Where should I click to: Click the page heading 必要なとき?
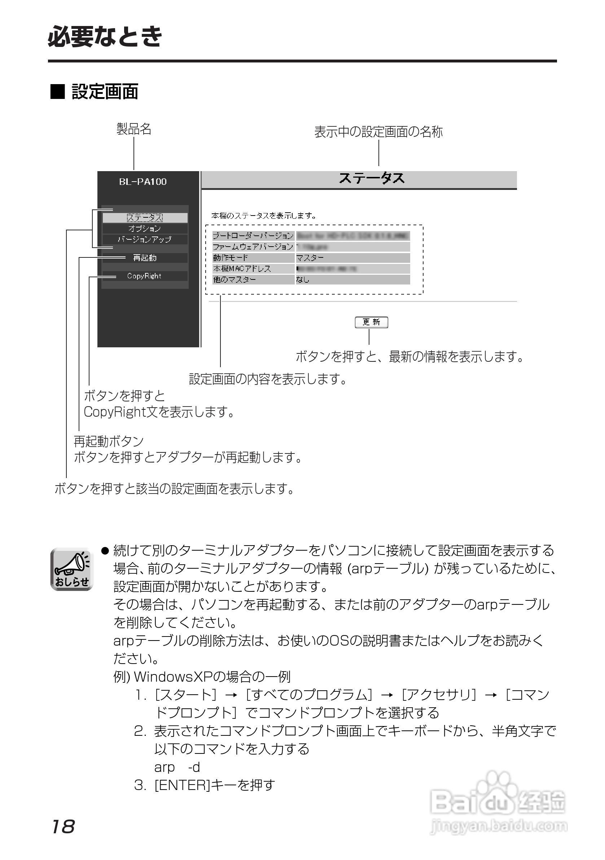[105, 37]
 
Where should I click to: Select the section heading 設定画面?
[105, 92]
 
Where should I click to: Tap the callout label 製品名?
[133, 129]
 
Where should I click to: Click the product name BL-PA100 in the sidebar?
[143, 182]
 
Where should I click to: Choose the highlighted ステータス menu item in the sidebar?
[145, 218]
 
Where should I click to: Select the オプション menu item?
[145, 229]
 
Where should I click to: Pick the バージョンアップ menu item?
[145, 239]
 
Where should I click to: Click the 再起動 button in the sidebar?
[145, 258]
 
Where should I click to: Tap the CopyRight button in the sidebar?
[145, 276]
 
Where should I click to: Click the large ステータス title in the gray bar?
[371, 179]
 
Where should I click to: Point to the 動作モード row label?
[231, 258]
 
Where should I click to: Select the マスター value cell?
[310, 258]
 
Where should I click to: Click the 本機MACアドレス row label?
[242, 269]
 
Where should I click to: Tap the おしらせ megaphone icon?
[71, 569]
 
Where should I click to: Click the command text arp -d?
[177, 768]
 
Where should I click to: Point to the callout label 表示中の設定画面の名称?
[378, 132]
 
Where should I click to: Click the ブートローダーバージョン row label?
[253, 236]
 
